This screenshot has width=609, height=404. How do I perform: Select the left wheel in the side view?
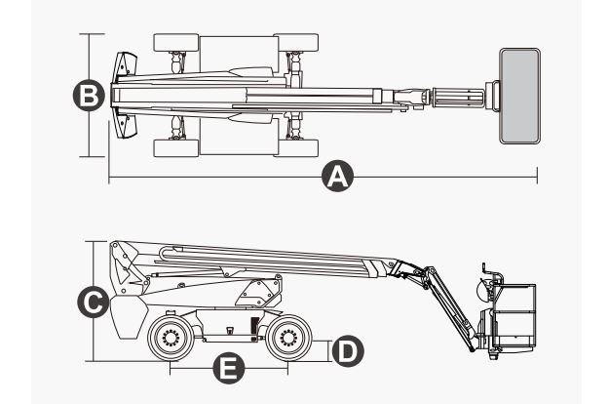tap(171, 340)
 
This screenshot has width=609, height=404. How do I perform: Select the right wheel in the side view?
tap(287, 340)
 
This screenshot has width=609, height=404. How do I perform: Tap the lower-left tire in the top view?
tap(176, 147)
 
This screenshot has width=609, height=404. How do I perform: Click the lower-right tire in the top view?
tap(296, 147)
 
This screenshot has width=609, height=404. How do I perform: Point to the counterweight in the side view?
tap(127, 317)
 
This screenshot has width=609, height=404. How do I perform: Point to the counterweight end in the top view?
tap(122, 96)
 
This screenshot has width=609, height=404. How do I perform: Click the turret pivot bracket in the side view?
tap(258, 292)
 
